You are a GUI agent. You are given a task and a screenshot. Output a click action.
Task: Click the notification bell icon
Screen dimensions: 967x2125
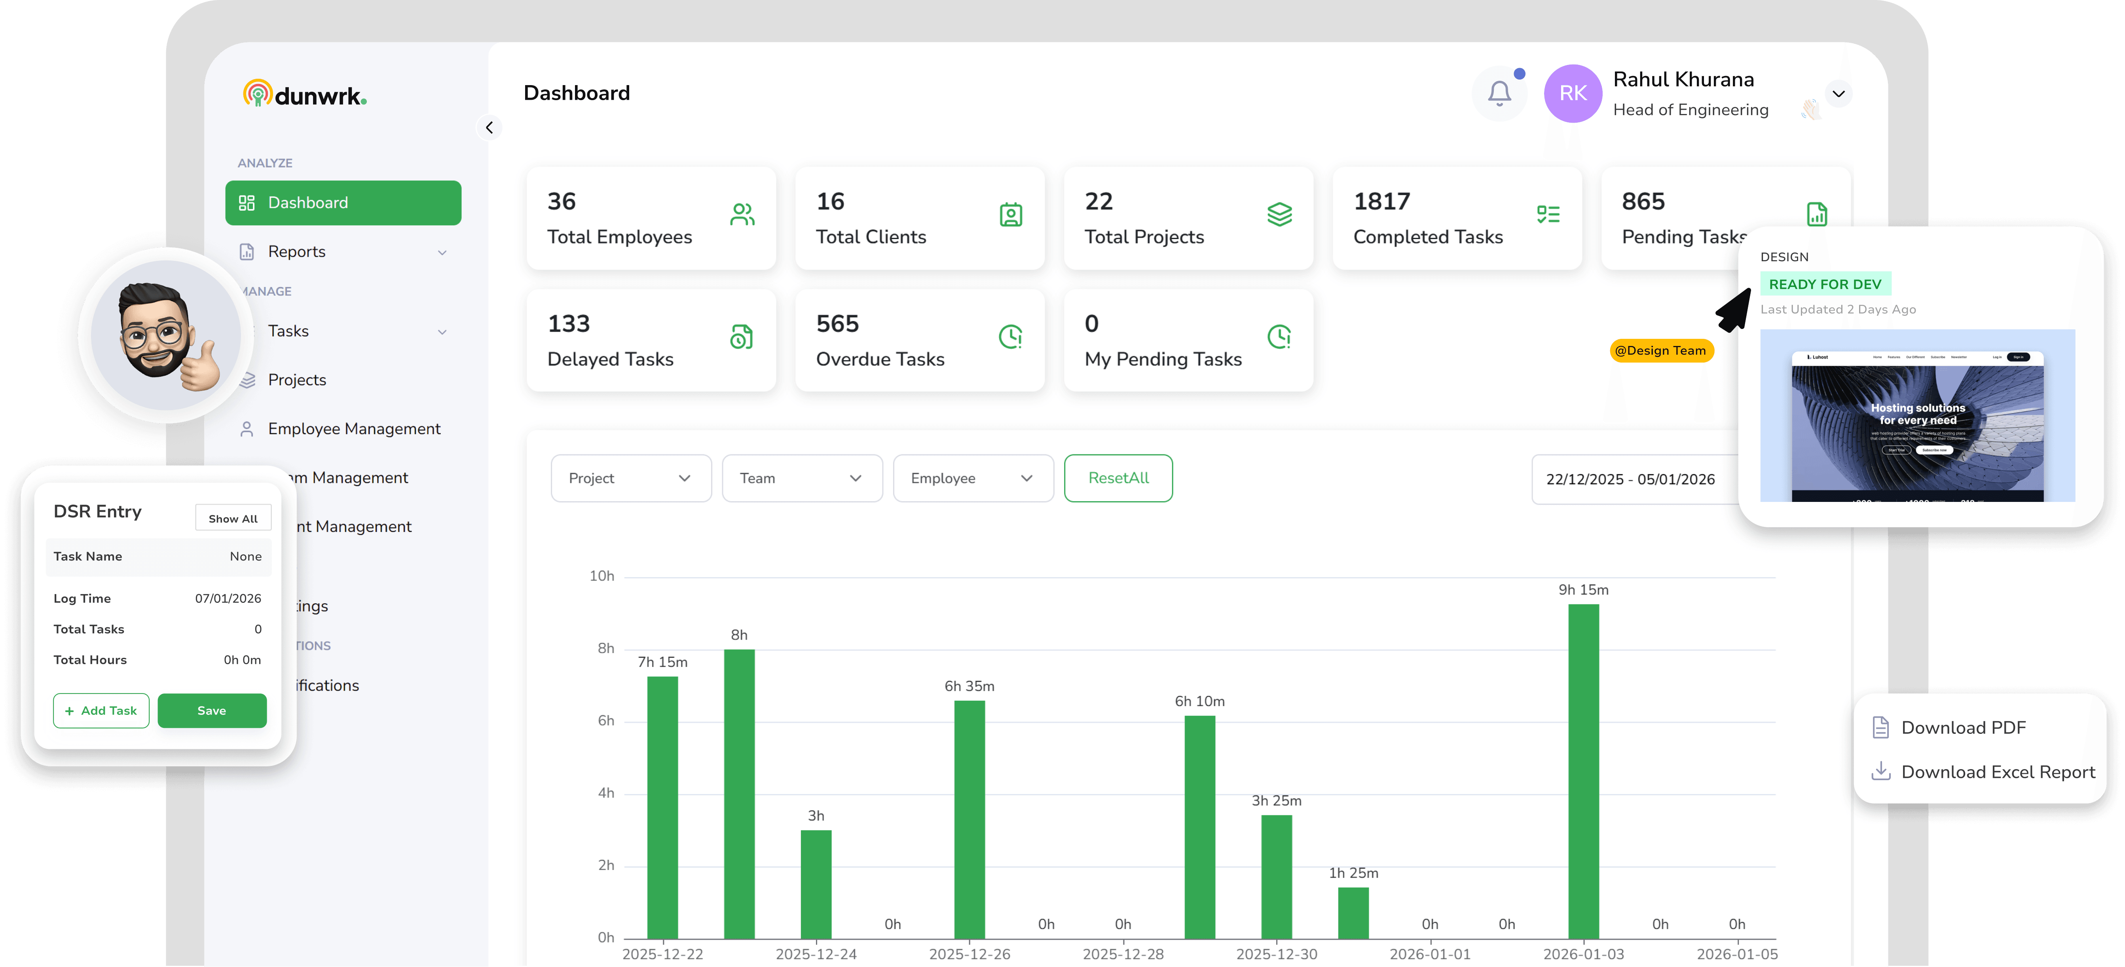pos(1499,93)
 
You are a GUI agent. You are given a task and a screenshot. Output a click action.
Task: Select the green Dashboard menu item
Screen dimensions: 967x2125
pos(343,203)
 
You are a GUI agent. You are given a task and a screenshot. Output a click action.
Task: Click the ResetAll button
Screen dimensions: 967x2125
pos(1118,479)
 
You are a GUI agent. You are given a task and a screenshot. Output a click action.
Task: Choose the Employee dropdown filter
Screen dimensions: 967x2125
pos(973,479)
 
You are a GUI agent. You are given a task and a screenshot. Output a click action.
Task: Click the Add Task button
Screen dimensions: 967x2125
pos(101,711)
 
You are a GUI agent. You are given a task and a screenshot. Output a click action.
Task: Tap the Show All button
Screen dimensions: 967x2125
pos(233,518)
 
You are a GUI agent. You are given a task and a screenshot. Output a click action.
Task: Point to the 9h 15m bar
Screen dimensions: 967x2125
pos(1583,771)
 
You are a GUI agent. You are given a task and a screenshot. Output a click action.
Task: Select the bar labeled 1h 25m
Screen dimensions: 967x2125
pos(1353,912)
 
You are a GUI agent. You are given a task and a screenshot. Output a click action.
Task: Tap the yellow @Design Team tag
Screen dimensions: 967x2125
pos(1660,351)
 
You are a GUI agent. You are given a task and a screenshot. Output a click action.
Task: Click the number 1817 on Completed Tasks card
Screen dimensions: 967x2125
pos(1382,201)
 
